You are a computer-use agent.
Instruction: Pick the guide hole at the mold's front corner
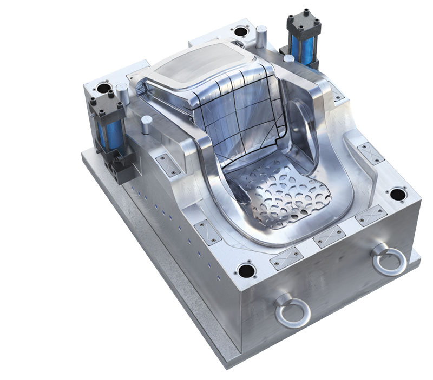(x=246, y=269)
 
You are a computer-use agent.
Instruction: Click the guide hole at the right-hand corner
(x=398, y=194)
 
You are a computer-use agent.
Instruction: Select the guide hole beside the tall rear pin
(x=239, y=29)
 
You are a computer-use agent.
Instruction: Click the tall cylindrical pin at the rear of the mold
(x=261, y=36)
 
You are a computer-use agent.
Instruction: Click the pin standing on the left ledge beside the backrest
(x=145, y=124)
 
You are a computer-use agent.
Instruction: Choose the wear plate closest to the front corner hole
(x=285, y=258)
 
